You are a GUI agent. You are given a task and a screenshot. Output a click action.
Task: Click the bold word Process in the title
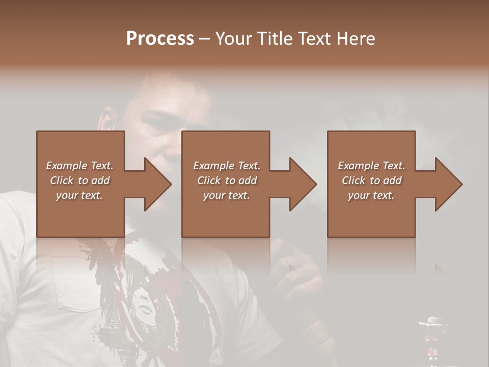160,38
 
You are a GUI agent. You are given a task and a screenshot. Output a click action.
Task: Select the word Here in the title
356,38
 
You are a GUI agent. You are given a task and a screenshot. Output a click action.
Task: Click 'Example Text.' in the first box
79,166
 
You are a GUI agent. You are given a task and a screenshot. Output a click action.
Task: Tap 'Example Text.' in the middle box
226,166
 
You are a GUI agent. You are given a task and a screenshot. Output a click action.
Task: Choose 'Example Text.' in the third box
371,166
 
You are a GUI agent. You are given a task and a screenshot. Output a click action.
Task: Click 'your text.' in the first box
79,195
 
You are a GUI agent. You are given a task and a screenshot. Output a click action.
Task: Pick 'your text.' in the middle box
226,195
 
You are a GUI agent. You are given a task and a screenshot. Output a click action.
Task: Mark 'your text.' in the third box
371,195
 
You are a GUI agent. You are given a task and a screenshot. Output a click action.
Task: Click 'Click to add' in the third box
371,180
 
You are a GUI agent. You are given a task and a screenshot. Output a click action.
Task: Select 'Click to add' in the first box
79,180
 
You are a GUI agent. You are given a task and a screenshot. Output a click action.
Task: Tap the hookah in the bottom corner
430,339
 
